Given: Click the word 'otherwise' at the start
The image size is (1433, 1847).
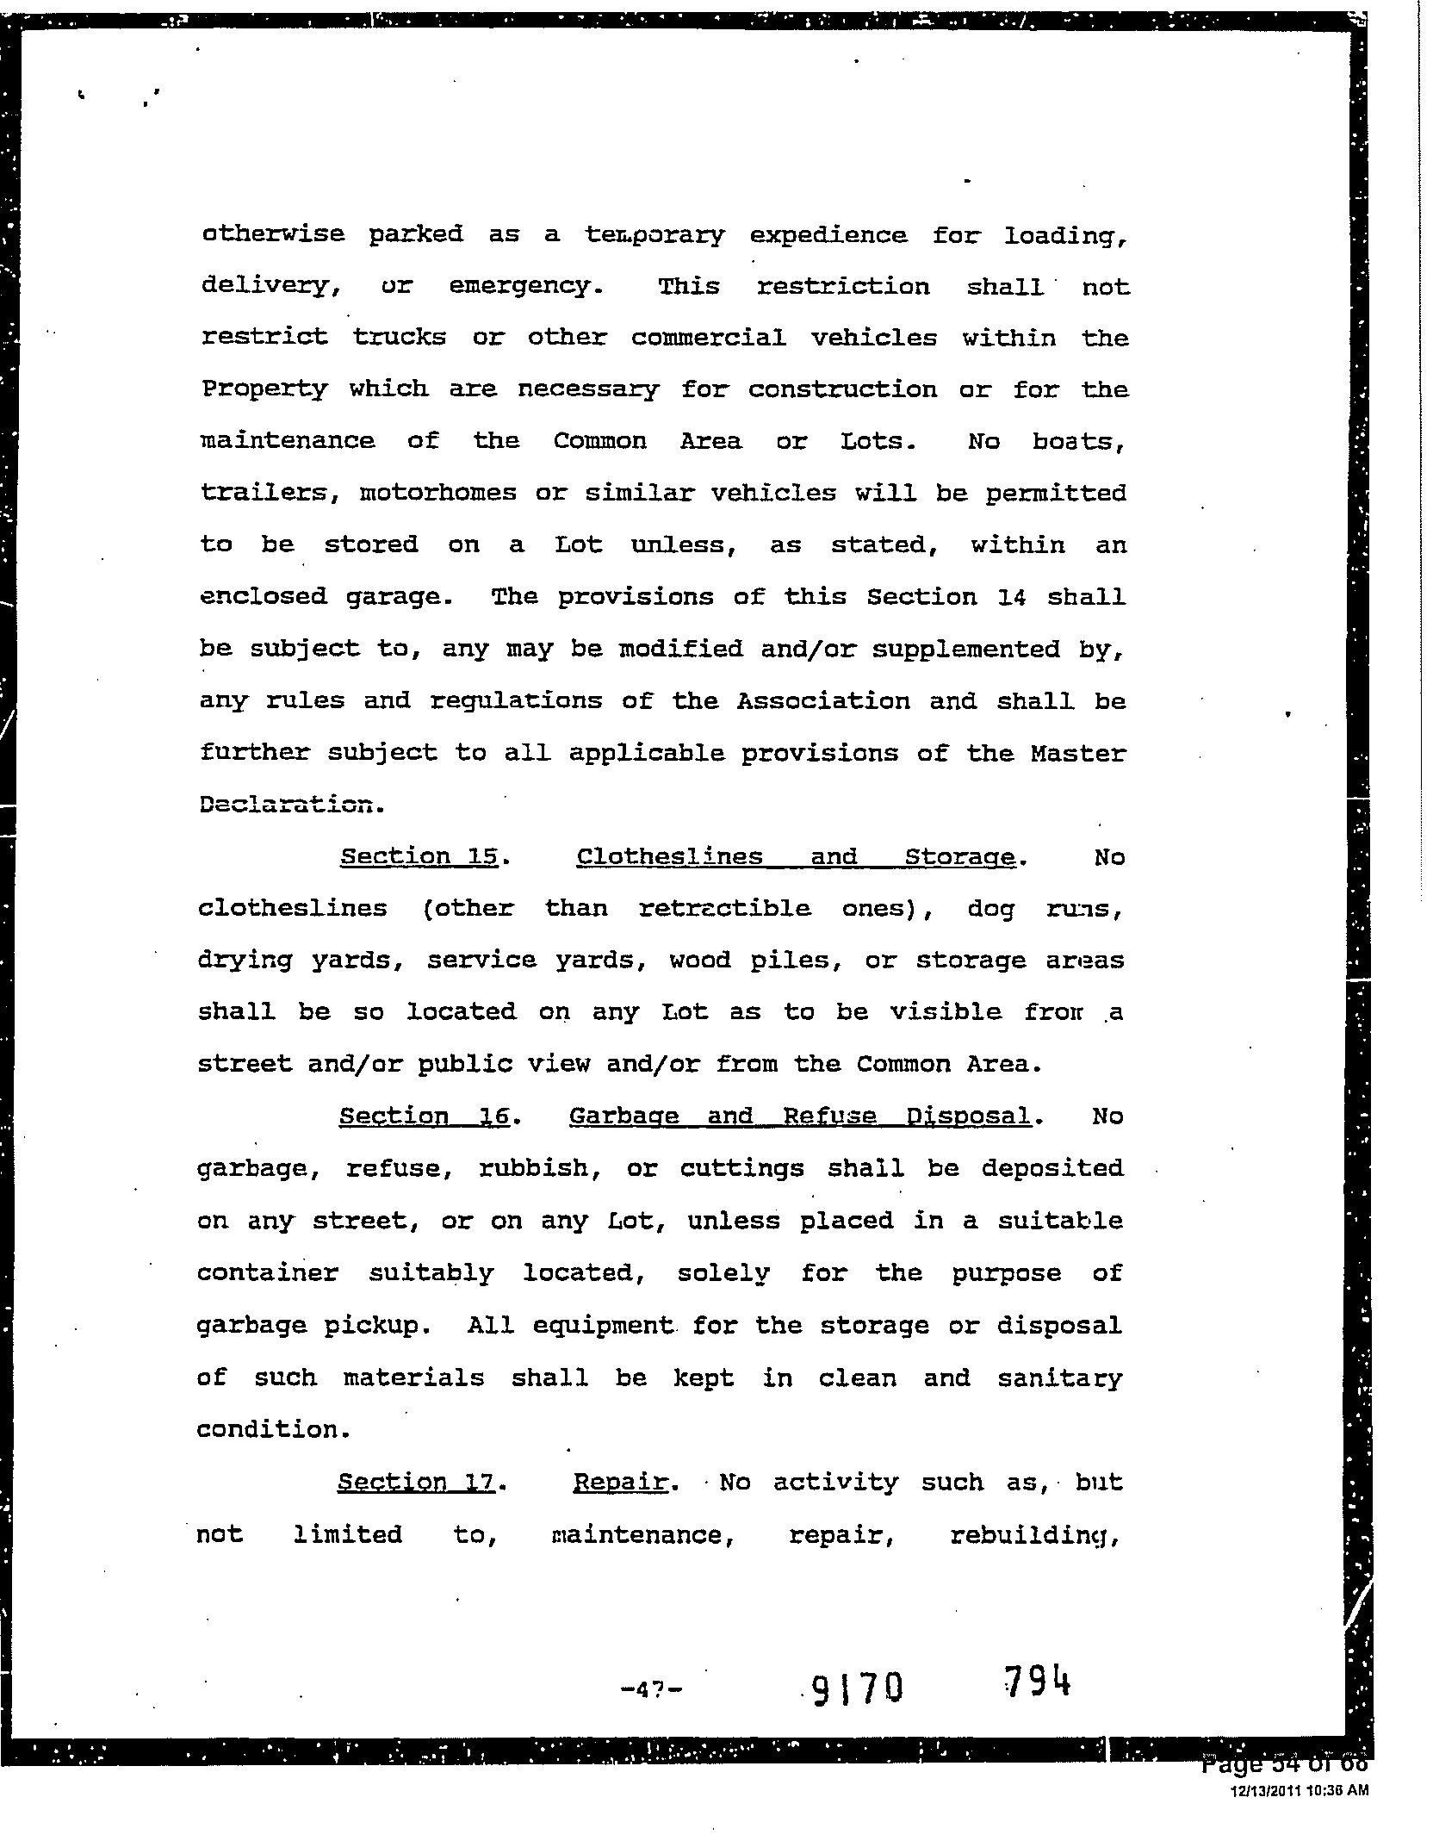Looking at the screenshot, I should pyautogui.click(x=273, y=233).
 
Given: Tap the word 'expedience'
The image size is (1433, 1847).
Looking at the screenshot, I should pyautogui.click(x=828, y=235).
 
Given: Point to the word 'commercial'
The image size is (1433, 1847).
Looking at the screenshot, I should pyautogui.click(x=708, y=338).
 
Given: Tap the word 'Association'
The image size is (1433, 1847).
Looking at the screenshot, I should pyautogui.click(x=822, y=700).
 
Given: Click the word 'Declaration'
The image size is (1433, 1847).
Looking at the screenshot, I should pyautogui.click(x=288, y=805).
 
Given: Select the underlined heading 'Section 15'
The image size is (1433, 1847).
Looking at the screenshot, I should pyautogui.click(x=419, y=856).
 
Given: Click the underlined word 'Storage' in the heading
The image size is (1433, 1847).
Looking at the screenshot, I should pyautogui.click(x=960, y=857).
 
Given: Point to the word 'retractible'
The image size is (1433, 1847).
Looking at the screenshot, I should pyautogui.click(x=724, y=908).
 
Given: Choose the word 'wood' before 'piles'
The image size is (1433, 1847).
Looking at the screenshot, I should pyautogui.click(x=699, y=960).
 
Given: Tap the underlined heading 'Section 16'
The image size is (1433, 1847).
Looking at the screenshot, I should pyautogui.click(x=424, y=1116).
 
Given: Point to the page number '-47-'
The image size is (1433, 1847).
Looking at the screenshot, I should pyautogui.click(x=651, y=1689).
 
